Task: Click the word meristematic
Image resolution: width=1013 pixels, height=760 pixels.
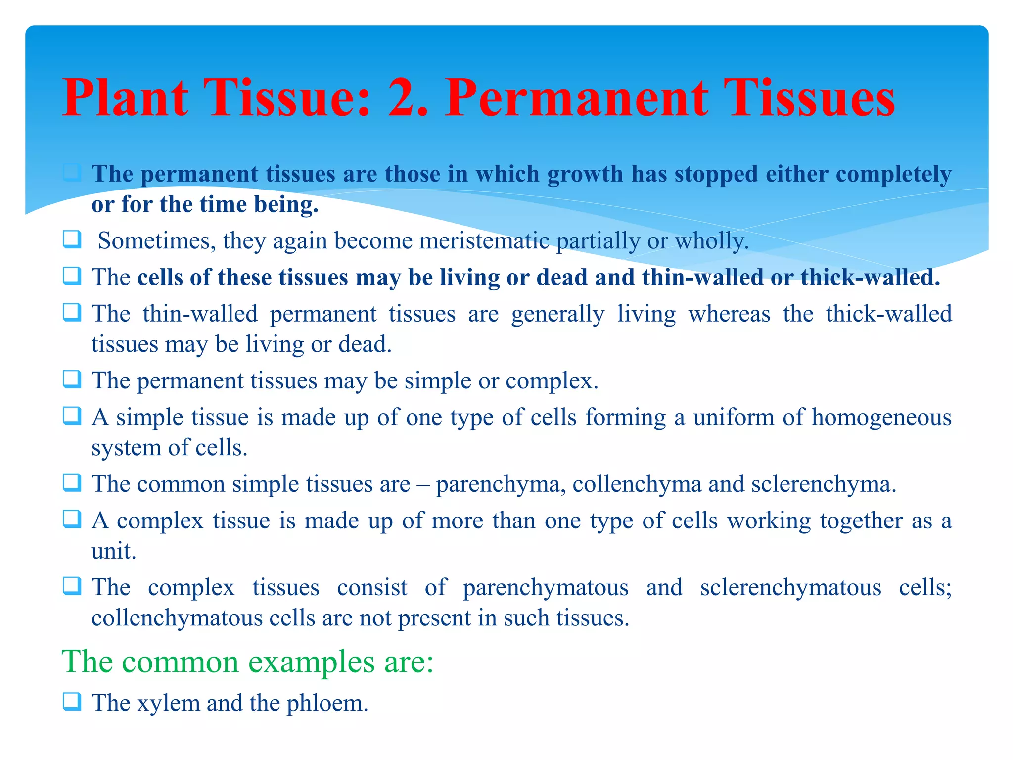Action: (x=484, y=241)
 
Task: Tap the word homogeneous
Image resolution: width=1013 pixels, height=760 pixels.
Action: (x=881, y=417)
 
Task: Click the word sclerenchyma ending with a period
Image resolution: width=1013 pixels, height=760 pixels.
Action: (x=824, y=484)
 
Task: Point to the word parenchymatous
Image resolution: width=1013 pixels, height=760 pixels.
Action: (x=546, y=588)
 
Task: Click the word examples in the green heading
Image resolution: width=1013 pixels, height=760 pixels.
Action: (x=311, y=662)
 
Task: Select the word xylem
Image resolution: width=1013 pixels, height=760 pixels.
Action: (x=168, y=703)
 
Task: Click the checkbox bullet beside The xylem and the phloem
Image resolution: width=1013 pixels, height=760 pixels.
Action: (x=72, y=702)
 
